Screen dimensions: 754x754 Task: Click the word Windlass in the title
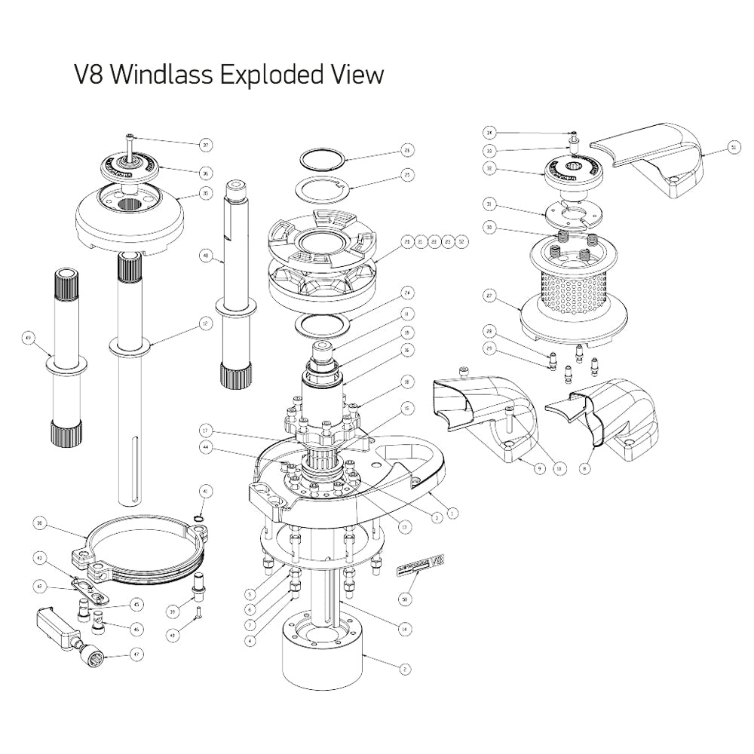click(x=161, y=75)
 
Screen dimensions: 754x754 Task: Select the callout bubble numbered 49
click(x=29, y=339)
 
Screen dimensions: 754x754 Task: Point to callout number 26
click(x=406, y=149)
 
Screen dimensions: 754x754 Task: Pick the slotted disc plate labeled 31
click(x=572, y=213)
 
